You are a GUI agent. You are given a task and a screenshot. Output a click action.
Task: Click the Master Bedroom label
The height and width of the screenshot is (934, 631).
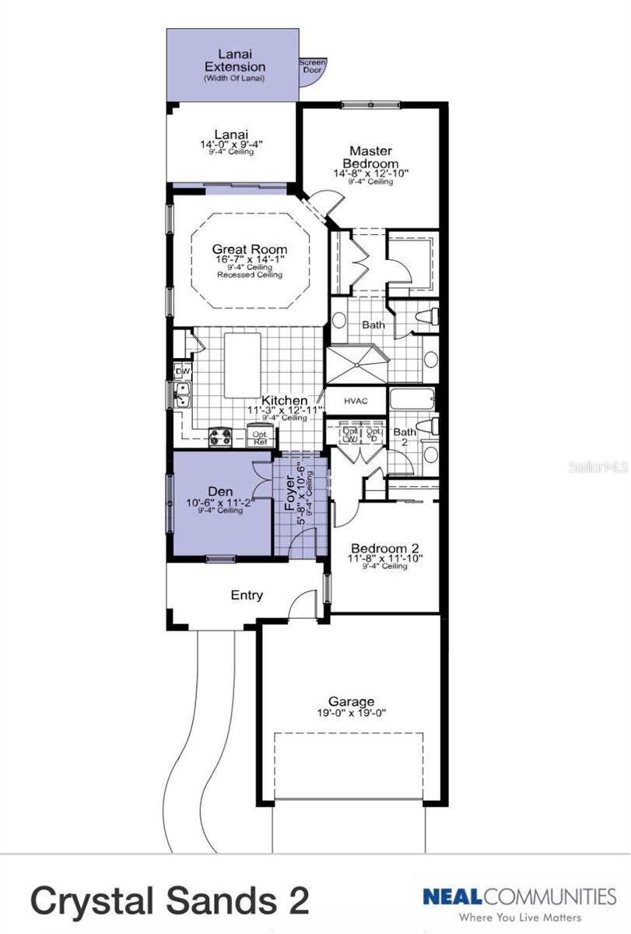(x=370, y=157)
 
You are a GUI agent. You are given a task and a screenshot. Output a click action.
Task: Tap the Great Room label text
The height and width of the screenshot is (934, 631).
(x=250, y=250)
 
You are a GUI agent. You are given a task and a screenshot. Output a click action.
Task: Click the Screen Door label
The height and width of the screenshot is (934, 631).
(x=313, y=66)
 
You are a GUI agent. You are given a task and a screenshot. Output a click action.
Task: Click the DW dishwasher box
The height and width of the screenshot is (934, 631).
(x=183, y=372)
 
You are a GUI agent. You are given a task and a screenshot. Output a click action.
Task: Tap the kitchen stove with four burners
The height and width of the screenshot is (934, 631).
(x=221, y=437)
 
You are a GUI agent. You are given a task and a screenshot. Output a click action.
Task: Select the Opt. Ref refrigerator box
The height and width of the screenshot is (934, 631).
(x=259, y=437)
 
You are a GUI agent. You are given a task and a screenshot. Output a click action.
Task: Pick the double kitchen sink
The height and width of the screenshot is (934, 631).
(x=180, y=400)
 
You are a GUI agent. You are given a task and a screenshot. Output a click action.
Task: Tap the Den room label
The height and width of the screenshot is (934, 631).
(x=216, y=492)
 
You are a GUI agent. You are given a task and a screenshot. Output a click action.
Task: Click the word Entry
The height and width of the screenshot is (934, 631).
(x=247, y=595)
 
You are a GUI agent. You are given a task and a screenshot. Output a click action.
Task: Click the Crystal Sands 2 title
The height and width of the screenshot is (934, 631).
(x=170, y=900)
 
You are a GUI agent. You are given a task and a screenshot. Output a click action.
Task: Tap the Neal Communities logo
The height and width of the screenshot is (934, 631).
(x=519, y=903)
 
